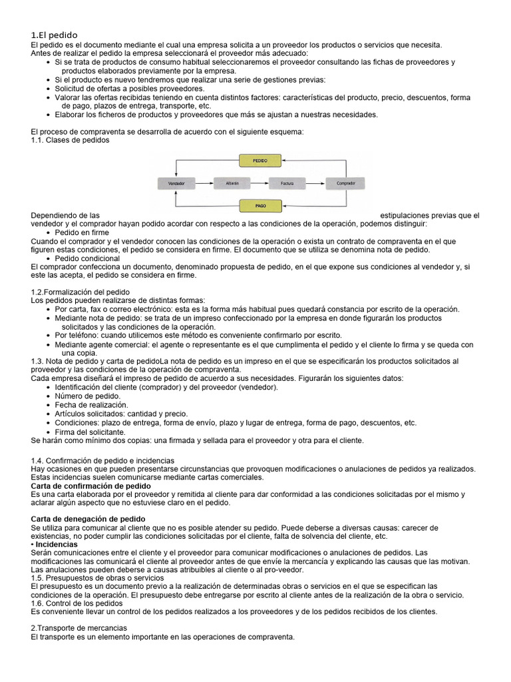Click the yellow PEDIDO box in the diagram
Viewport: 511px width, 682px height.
[260, 161]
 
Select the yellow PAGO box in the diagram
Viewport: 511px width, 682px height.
[260, 205]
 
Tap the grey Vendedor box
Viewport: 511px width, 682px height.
[176, 182]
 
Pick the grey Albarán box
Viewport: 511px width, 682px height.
[232, 182]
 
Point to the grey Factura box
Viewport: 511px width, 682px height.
[287, 182]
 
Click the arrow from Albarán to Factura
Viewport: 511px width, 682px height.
[259, 182]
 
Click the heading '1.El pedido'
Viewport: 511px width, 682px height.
[55, 35]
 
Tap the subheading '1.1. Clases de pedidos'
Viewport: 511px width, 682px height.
[71, 141]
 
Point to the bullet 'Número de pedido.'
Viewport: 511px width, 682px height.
[88, 396]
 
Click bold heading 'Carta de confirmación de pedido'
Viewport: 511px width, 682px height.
[91, 486]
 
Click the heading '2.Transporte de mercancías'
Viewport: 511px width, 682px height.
[79, 628]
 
